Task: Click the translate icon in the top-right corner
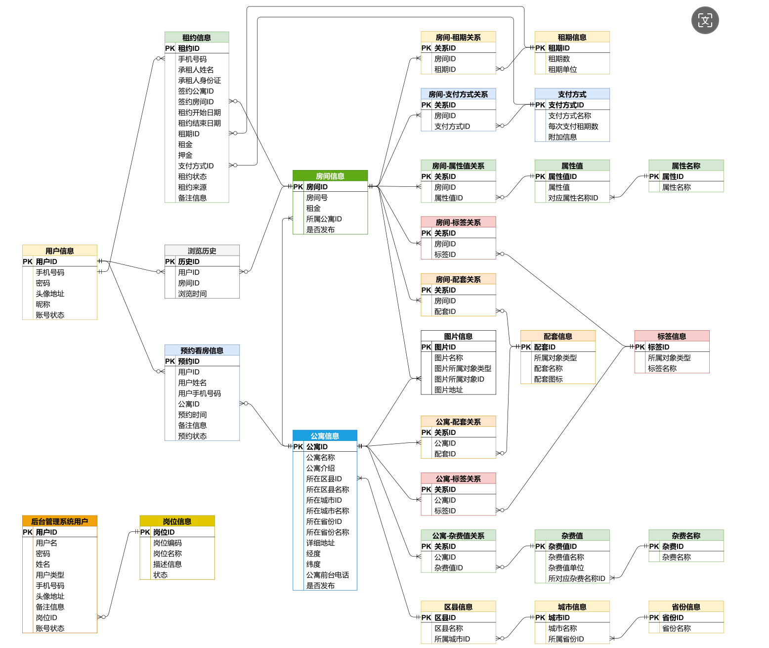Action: point(705,20)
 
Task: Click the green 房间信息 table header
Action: point(330,176)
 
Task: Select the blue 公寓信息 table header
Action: point(325,436)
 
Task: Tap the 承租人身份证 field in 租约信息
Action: point(199,81)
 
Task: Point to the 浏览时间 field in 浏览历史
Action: point(192,294)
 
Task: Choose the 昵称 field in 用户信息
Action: point(43,304)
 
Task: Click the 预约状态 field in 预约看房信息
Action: point(192,436)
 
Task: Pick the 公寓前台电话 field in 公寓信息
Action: point(327,575)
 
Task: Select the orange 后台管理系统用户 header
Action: point(59,521)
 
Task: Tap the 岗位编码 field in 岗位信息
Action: point(167,543)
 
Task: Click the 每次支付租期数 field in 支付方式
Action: point(573,127)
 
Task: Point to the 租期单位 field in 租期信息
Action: point(562,70)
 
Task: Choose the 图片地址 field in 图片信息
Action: point(448,390)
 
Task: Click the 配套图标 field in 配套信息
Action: point(548,379)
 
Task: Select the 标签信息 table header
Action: point(672,337)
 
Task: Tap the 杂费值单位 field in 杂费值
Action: point(566,568)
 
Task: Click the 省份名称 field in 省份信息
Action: point(676,628)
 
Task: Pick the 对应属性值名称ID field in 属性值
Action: point(573,198)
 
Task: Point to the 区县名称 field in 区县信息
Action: point(448,628)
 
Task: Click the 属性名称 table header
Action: point(686,166)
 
